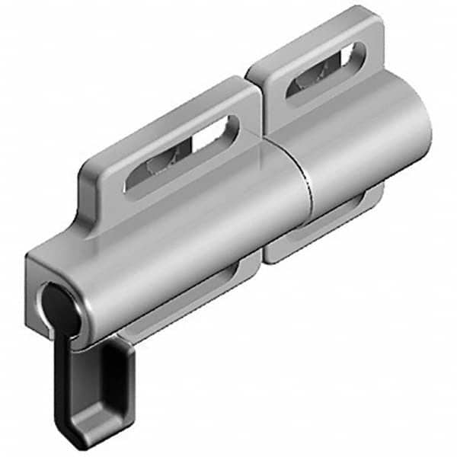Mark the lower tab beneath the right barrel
[x=320, y=228]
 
